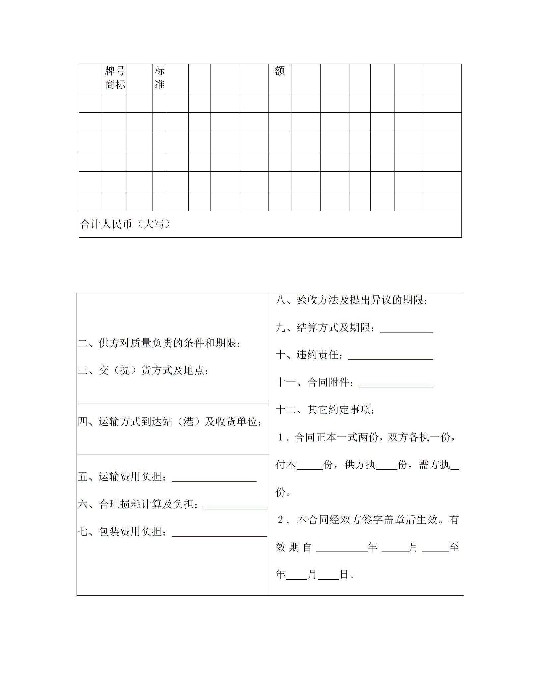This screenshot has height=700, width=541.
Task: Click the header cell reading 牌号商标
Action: tap(115, 78)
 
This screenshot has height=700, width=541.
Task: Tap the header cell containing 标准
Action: tap(159, 78)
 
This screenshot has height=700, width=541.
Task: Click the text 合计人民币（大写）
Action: tap(126, 224)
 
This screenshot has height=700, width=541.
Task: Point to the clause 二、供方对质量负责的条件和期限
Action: tap(159, 343)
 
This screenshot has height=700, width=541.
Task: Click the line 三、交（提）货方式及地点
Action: tap(144, 370)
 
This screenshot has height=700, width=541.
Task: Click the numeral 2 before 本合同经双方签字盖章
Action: tap(281, 520)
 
